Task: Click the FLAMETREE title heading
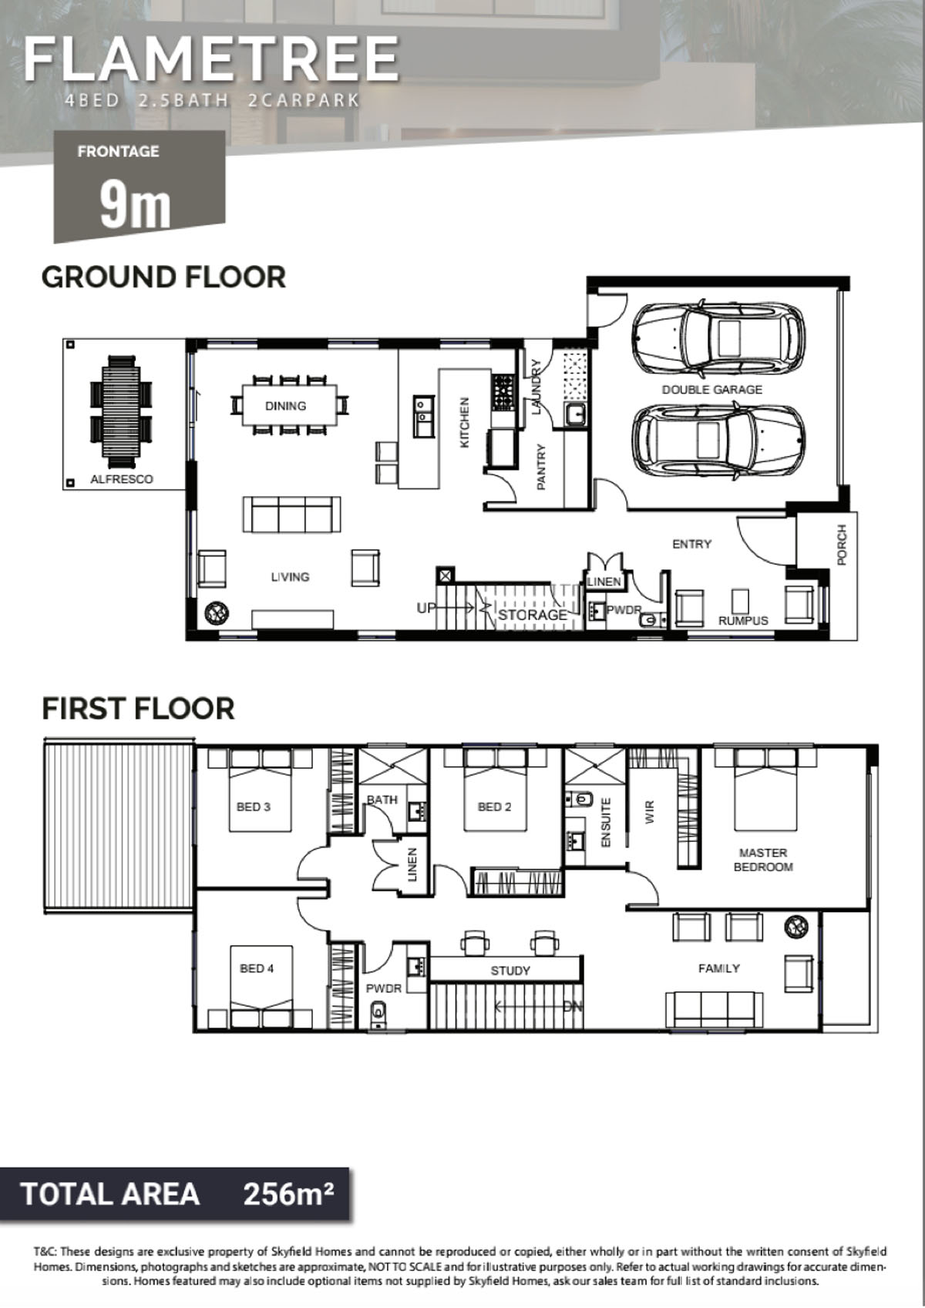[x=211, y=59]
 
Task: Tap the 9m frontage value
[x=135, y=206]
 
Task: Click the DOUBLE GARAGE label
[x=711, y=390]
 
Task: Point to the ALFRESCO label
[x=122, y=479]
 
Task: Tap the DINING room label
[x=285, y=406]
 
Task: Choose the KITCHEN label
[x=465, y=423]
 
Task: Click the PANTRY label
[x=540, y=467]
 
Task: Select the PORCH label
[x=842, y=545]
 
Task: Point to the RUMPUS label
[x=743, y=621]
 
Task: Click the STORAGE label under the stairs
[x=533, y=615]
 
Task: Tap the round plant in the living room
[x=216, y=614]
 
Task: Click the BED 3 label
[x=253, y=807]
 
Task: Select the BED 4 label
[x=257, y=969]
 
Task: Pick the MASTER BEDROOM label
[x=762, y=860]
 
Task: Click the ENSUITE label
[x=605, y=823]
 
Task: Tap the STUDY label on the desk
[x=510, y=971]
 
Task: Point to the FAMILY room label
[x=718, y=969]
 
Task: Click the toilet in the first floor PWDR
[x=378, y=1015]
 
